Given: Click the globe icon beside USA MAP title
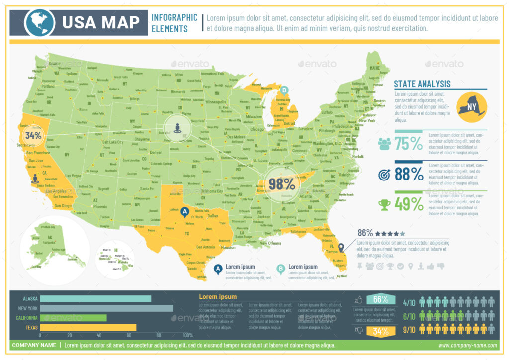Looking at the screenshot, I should tap(40, 22).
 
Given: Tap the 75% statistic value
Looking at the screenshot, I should tap(409, 144).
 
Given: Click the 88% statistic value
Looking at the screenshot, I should tap(409, 174).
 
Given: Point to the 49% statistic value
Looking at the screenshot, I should tap(409, 204).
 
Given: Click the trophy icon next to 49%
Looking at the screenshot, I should tap(384, 204).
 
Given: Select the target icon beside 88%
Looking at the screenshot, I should tap(384, 175).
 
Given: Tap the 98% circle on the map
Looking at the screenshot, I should tap(281, 183).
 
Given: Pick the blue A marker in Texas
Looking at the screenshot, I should tap(185, 212).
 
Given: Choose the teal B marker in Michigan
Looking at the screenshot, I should tap(284, 90).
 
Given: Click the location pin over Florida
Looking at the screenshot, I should tap(341, 248).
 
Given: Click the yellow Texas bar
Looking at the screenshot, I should tap(88, 327).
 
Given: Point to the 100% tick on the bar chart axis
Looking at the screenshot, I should tap(188, 336).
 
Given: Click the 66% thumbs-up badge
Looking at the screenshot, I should tap(380, 299).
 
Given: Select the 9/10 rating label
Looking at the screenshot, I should tap(409, 329).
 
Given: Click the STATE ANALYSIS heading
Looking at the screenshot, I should tap(422, 84).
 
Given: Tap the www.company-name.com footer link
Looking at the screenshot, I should tap(467, 345).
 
